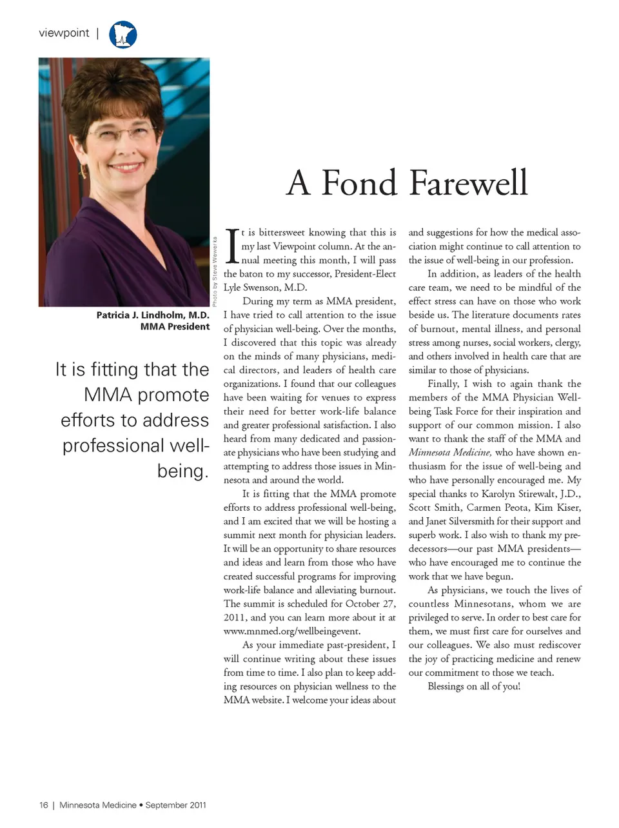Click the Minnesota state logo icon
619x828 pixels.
tap(123, 34)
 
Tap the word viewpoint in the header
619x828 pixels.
tap(64, 33)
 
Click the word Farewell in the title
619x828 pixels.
tap(469, 182)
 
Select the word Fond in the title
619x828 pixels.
tap(359, 182)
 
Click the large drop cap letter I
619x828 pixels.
tap(233, 246)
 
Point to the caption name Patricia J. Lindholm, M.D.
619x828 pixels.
tap(153, 315)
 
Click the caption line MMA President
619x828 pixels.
tap(175, 327)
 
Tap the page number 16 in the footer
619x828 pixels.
tap(43, 805)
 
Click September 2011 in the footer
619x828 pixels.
tap(175, 805)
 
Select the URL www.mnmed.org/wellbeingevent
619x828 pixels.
tap(292, 631)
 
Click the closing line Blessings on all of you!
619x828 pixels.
tap(474, 686)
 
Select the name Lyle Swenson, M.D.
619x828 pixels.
tap(265, 288)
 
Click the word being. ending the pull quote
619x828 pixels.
tap(183, 471)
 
